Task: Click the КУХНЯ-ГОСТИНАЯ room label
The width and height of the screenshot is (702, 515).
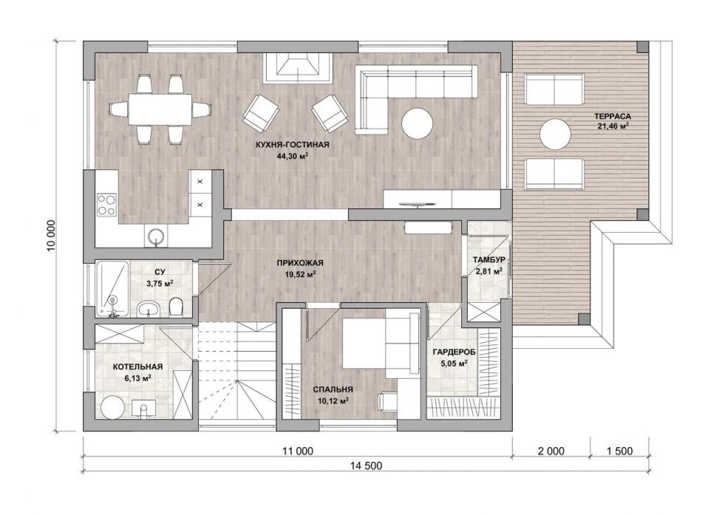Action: point(292,145)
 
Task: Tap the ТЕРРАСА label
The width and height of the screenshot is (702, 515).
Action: point(613,117)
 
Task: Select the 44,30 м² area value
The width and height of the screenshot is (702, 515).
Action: point(293,157)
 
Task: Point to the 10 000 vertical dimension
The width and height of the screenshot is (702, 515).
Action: point(52,236)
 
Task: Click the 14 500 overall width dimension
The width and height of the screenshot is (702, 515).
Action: point(367,465)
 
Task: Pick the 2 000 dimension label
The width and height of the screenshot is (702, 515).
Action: point(551,451)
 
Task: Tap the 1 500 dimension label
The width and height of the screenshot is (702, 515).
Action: point(619,451)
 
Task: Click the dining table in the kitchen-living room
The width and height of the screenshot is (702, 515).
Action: point(160,109)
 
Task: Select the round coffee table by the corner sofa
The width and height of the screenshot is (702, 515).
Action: point(418,123)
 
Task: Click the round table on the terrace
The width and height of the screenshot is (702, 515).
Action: point(555,134)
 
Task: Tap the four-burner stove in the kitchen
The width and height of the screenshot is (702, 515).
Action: point(107,205)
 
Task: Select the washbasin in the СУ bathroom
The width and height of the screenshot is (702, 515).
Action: point(149,308)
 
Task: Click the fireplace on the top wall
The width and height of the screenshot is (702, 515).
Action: point(298,68)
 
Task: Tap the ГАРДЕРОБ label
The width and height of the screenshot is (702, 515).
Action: point(454,352)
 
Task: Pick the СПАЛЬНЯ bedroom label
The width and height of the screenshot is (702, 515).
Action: point(333,389)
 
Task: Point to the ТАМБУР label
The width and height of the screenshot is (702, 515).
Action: point(489,260)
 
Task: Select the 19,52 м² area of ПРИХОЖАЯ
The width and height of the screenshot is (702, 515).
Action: point(300,275)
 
